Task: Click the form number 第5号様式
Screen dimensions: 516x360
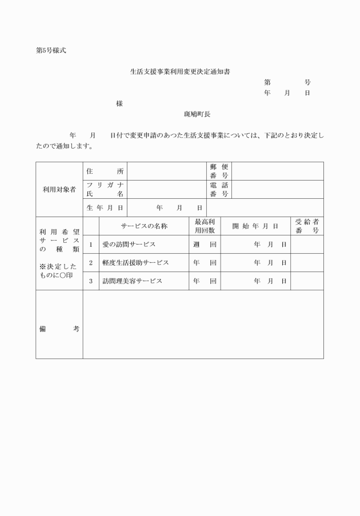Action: tap(51, 50)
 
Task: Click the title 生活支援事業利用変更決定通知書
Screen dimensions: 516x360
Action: tap(180, 72)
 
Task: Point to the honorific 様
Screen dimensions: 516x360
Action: tap(119, 103)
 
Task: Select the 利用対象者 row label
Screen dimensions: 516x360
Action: tap(59, 189)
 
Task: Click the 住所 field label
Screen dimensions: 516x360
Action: tap(105, 171)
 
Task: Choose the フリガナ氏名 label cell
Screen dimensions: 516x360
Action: tap(105, 189)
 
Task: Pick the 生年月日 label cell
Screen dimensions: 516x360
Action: tap(105, 207)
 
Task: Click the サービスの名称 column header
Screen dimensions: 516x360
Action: tap(143, 226)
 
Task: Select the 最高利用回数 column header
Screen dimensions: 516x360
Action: tap(205, 226)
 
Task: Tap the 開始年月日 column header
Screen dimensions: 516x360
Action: tap(255, 226)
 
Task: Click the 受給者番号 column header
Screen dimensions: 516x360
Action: tap(307, 226)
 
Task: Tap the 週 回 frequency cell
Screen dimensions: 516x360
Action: tap(205, 245)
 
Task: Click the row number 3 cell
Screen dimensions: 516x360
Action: tap(91, 281)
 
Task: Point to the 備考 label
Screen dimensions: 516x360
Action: tap(59, 329)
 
